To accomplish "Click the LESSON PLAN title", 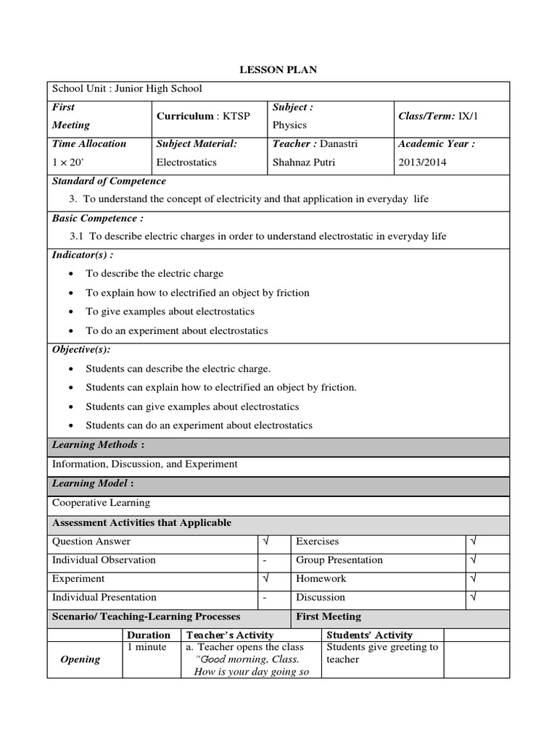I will click(x=278, y=70).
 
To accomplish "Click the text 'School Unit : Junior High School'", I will click(x=127, y=89).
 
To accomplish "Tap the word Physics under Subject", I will click(x=289, y=125).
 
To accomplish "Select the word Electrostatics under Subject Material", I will click(x=186, y=162).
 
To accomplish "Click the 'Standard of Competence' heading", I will click(x=109, y=181).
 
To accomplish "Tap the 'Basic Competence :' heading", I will click(x=97, y=218).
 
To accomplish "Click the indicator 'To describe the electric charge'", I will click(x=154, y=274).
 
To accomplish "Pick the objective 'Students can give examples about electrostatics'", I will click(x=192, y=407).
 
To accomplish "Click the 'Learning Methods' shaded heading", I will click(x=94, y=444).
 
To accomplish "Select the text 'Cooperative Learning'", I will click(x=101, y=502).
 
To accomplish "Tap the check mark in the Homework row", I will click(x=473, y=579).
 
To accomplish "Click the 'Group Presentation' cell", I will click(x=339, y=560).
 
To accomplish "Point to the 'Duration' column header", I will click(x=149, y=635).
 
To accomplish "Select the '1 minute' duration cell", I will click(x=147, y=647).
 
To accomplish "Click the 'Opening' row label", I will click(x=81, y=659).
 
